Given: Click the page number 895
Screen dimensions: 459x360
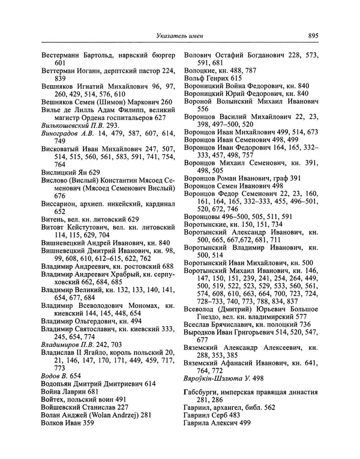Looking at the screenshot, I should pos(313,36).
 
